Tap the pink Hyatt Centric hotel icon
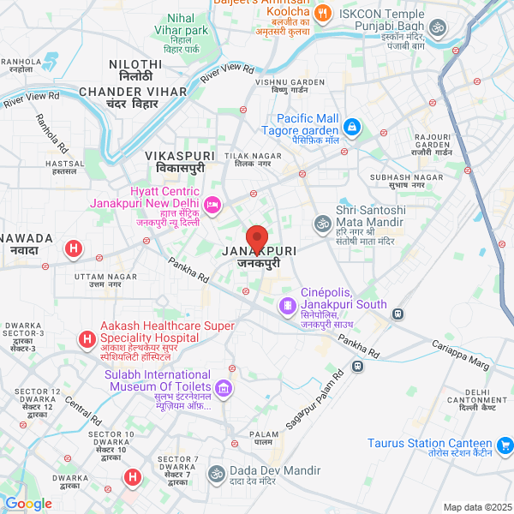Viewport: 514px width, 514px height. point(212,204)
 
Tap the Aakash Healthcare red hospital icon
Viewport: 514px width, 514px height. point(87,340)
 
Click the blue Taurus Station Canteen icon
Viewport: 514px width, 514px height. point(505,445)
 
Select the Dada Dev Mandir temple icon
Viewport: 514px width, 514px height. point(217,473)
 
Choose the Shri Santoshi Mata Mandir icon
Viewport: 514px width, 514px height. point(322,224)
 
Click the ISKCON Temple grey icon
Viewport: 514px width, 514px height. point(437,29)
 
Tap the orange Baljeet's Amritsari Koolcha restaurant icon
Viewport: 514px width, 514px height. point(323,13)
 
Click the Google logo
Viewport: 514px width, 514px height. point(28,504)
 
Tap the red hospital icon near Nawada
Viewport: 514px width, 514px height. point(74,249)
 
